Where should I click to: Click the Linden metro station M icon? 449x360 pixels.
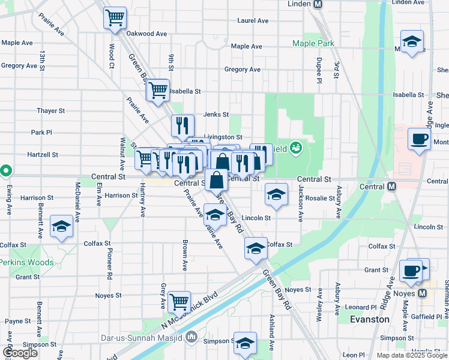pyautogui.click(x=318, y=4)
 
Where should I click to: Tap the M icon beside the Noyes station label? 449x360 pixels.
pyautogui.click(x=422, y=293)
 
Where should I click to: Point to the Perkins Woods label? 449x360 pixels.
pyautogui.click(x=26, y=262)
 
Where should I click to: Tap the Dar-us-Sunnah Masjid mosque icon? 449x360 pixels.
pyautogui.click(x=191, y=336)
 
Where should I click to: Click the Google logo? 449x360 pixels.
pyautogui.click(x=20, y=353)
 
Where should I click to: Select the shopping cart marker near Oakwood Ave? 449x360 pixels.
pyautogui.click(x=115, y=17)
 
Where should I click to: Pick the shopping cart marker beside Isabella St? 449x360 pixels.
pyautogui.click(x=158, y=91)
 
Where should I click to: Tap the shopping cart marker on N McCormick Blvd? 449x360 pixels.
pyautogui.click(x=179, y=302)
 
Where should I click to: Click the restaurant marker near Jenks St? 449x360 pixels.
pyautogui.click(x=182, y=126)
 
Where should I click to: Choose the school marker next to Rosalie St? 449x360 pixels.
pyautogui.click(x=276, y=194)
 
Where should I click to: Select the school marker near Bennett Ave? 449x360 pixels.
pyautogui.click(x=61, y=226)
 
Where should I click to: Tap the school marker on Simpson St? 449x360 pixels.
pyautogui.click(x=245, y=344)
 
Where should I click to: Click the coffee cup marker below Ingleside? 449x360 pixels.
pyautogui.click(x=419, y=139)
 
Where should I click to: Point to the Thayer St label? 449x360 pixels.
pyautogui.click(x=50, y=111)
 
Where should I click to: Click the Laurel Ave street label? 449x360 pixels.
pyautogui.click(x=253, y=20)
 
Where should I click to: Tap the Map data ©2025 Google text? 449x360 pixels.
pyautogui.click(x=411, y=355)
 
